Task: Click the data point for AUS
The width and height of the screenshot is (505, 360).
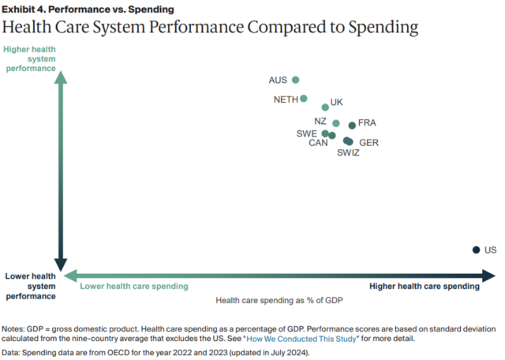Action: [295, 80]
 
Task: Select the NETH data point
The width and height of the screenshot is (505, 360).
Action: [303, 99]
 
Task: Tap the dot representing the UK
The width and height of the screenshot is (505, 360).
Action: [325, 107]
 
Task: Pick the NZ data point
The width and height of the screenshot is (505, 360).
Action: [336, 123]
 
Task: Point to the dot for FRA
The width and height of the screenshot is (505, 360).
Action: [352, 126]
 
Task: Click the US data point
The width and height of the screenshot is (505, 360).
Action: [476, 249]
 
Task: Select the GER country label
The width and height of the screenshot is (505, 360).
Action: [368, 143]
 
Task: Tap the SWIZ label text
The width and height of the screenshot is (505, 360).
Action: [348, 153]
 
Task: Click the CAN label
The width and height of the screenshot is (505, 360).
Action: [318, 143]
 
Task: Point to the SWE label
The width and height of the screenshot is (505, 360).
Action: [307, 133]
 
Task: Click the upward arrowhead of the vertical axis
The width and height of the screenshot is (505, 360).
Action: [61, 77]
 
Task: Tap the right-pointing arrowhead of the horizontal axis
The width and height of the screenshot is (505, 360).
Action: [488, 276]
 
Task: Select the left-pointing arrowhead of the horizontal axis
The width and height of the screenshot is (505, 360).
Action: [70, 276]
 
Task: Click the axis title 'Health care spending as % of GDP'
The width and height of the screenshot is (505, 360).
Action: [279, 300]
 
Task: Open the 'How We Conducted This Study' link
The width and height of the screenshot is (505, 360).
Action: [301, 339]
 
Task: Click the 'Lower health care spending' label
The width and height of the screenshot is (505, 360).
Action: [134, 287]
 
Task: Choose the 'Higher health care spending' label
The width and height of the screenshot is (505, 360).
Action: [425, 287]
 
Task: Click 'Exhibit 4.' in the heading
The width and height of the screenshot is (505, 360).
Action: [24, 9]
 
